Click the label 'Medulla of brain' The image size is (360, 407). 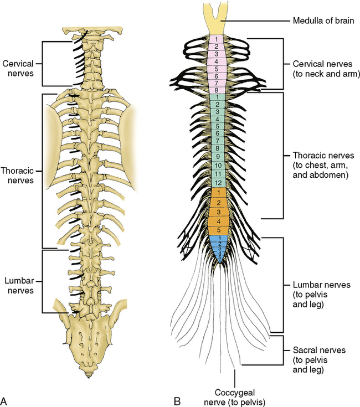pos(320,23)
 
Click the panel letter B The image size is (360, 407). pos(178,400)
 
